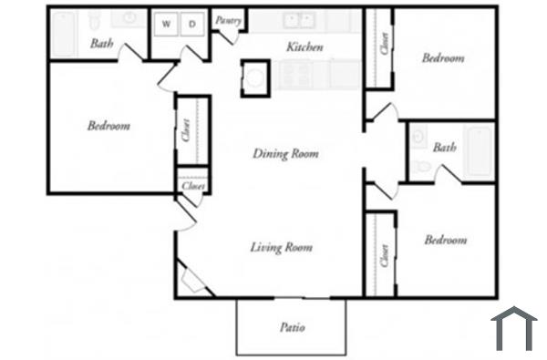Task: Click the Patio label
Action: (x=292, y=327)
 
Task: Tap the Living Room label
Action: (x=283, y=247)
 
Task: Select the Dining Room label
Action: (x=285, y=154)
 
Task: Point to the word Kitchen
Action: (x=304, y=46)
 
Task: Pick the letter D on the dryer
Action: (x=193, y=24)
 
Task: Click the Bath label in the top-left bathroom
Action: (x=102, y=43)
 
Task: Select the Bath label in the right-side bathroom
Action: (x=445, y=148)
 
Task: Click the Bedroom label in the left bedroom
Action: (x=108, y=126)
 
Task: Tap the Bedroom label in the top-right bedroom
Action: (x=443, y=58)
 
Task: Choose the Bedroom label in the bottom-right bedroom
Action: (x=445, y=241)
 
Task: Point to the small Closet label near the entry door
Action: (x=192, y=186)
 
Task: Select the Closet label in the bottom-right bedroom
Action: (x=385, y=257)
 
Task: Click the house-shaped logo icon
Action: (x=513, y=329)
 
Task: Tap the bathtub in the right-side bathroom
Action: (x=478, y=151)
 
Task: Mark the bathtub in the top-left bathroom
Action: (x=65, y=34)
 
